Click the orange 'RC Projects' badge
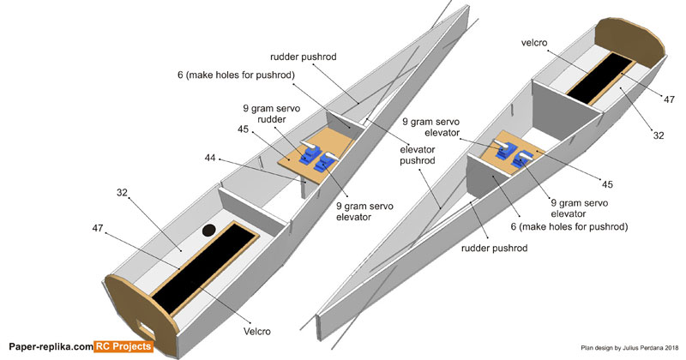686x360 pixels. click(x=123, y=346)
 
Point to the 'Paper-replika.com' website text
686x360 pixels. click(x=49, y=346)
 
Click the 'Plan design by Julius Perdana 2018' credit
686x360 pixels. click(x=629, y=347)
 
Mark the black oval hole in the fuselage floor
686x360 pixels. click(x=208, y=230)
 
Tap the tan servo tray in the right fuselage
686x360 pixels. click(x=514, y=156)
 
